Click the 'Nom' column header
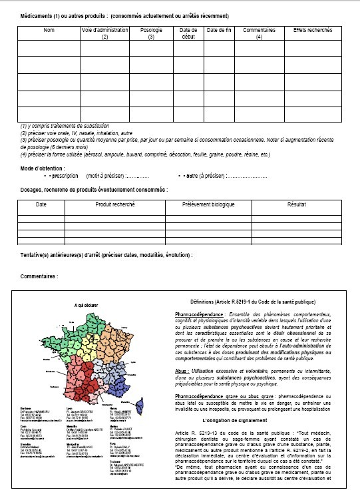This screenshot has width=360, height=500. pyautogui.click(x=49, y=31)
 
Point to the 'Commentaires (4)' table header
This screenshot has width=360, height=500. pyautogui.click(x=258, y=33)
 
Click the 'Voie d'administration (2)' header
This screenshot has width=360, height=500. pyautogui.click(x=104, y=33)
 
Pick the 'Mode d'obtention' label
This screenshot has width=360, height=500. pyautogui.click(x=41, y=168)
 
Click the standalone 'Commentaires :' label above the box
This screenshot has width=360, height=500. pyautogui.click(x=39, y=275)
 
